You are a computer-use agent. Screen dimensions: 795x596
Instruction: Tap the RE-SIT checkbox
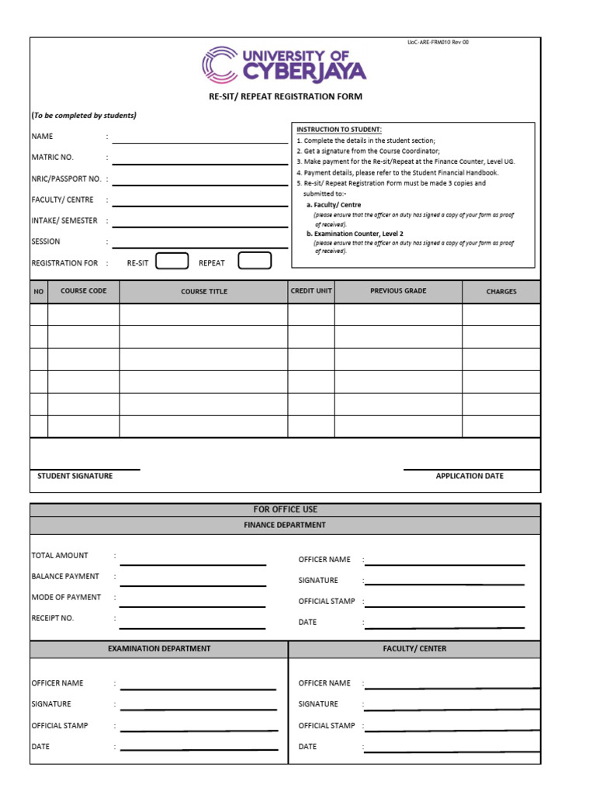172,261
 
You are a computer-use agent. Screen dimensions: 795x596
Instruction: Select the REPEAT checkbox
255,261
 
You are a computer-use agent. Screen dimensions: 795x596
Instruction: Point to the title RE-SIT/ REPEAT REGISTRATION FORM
285,97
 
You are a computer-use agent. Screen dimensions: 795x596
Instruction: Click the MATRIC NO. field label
52,158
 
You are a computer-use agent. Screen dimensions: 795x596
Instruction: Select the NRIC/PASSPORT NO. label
66,179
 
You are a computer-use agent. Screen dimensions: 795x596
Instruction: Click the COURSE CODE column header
84,291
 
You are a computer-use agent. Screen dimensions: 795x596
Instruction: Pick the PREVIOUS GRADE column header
398,291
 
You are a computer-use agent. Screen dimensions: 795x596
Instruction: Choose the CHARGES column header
501,292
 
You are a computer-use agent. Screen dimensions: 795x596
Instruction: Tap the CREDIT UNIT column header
311,291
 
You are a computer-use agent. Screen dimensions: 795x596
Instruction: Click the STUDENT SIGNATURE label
75,476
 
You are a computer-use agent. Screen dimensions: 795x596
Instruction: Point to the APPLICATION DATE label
470,476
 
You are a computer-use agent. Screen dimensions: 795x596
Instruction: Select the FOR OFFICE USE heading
285,509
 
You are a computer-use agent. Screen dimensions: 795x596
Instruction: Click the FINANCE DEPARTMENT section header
285,525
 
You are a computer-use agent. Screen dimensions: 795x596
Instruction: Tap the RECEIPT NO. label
53,618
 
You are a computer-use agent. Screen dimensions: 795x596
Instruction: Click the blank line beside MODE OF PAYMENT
192,606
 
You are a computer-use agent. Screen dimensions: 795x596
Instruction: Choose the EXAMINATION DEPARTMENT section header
159,649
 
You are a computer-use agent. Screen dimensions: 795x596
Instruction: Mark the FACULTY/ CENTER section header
414,649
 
